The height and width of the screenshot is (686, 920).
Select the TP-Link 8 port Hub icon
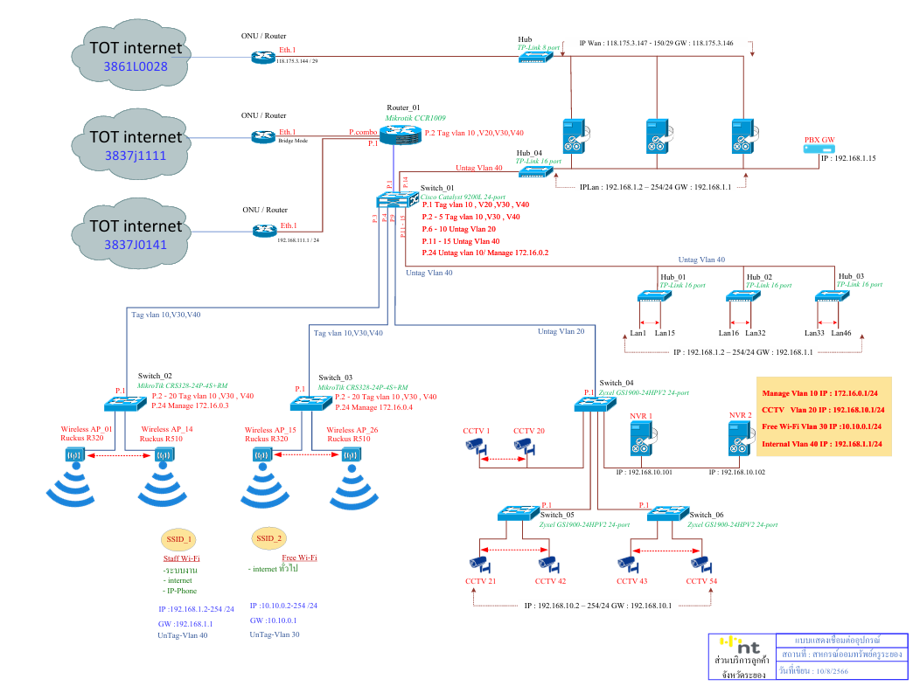pyautogui.click(x=533, y=57)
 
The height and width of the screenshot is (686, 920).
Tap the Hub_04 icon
pyautogui.click(x=532, y=172)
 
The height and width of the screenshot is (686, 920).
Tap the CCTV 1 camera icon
pyautogui.click(x=475, y=445)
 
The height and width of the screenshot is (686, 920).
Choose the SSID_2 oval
pyautogui.click(x=268, y=537)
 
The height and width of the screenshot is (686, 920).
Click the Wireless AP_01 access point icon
pyautogui.click(x=73, y=455)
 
